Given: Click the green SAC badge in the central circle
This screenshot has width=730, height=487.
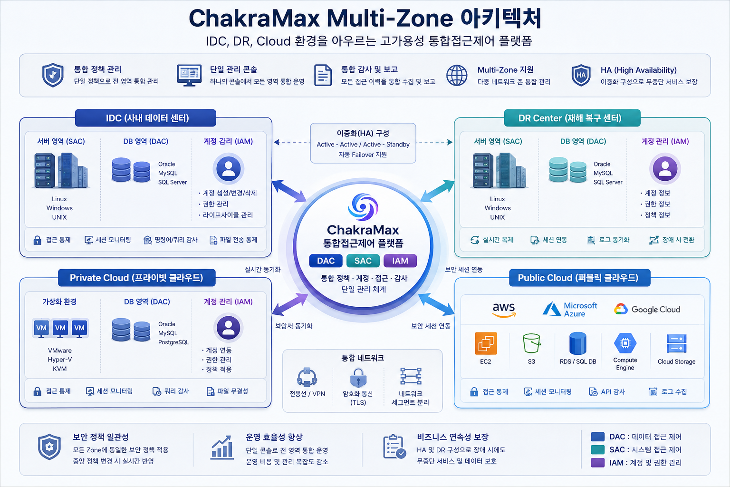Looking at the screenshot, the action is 363,261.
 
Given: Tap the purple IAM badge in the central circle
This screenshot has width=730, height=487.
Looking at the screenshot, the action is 400,261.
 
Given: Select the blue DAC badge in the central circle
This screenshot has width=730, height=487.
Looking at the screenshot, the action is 326,261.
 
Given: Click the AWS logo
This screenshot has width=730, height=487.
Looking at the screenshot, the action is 504,310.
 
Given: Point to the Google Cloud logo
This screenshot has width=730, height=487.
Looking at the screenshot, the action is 647,309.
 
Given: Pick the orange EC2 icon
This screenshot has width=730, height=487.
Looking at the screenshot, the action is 486,343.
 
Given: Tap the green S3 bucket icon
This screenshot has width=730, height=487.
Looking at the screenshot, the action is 531,343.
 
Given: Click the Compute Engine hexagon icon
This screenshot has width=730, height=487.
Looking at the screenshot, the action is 625,343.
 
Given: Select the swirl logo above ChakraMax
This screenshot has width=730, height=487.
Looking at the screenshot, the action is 363,206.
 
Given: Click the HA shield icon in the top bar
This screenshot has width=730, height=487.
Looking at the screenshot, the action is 581,75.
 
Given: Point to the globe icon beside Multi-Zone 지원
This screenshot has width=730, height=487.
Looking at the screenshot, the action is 457,75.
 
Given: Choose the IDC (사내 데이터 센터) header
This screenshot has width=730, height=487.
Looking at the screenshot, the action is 146,118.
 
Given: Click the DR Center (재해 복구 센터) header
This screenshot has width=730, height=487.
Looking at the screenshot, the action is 572,118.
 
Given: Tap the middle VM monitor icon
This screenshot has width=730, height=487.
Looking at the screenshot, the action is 60,328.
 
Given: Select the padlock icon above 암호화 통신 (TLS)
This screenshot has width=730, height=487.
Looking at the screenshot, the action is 358,378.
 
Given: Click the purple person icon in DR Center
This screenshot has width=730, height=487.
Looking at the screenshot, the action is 665,169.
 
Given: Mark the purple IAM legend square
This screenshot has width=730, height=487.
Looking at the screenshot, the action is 598,463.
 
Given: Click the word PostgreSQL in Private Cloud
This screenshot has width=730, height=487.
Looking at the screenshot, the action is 173,342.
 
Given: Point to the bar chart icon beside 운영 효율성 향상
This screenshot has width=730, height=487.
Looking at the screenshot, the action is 222,447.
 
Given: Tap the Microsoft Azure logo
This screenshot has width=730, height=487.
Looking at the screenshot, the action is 570,309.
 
